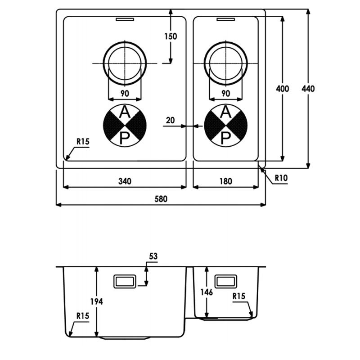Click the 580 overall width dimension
click(161, 199)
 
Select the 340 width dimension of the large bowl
click(125, 181)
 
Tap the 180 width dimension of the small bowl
click(226, 181)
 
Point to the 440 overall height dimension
click(308, 89)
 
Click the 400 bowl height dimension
click(283, 89)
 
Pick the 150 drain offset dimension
click(171, 36)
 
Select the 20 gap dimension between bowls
click(171, 120)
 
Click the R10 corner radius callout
click(281, 178)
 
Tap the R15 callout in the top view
click(83, 142)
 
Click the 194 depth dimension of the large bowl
click(96, 301)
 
